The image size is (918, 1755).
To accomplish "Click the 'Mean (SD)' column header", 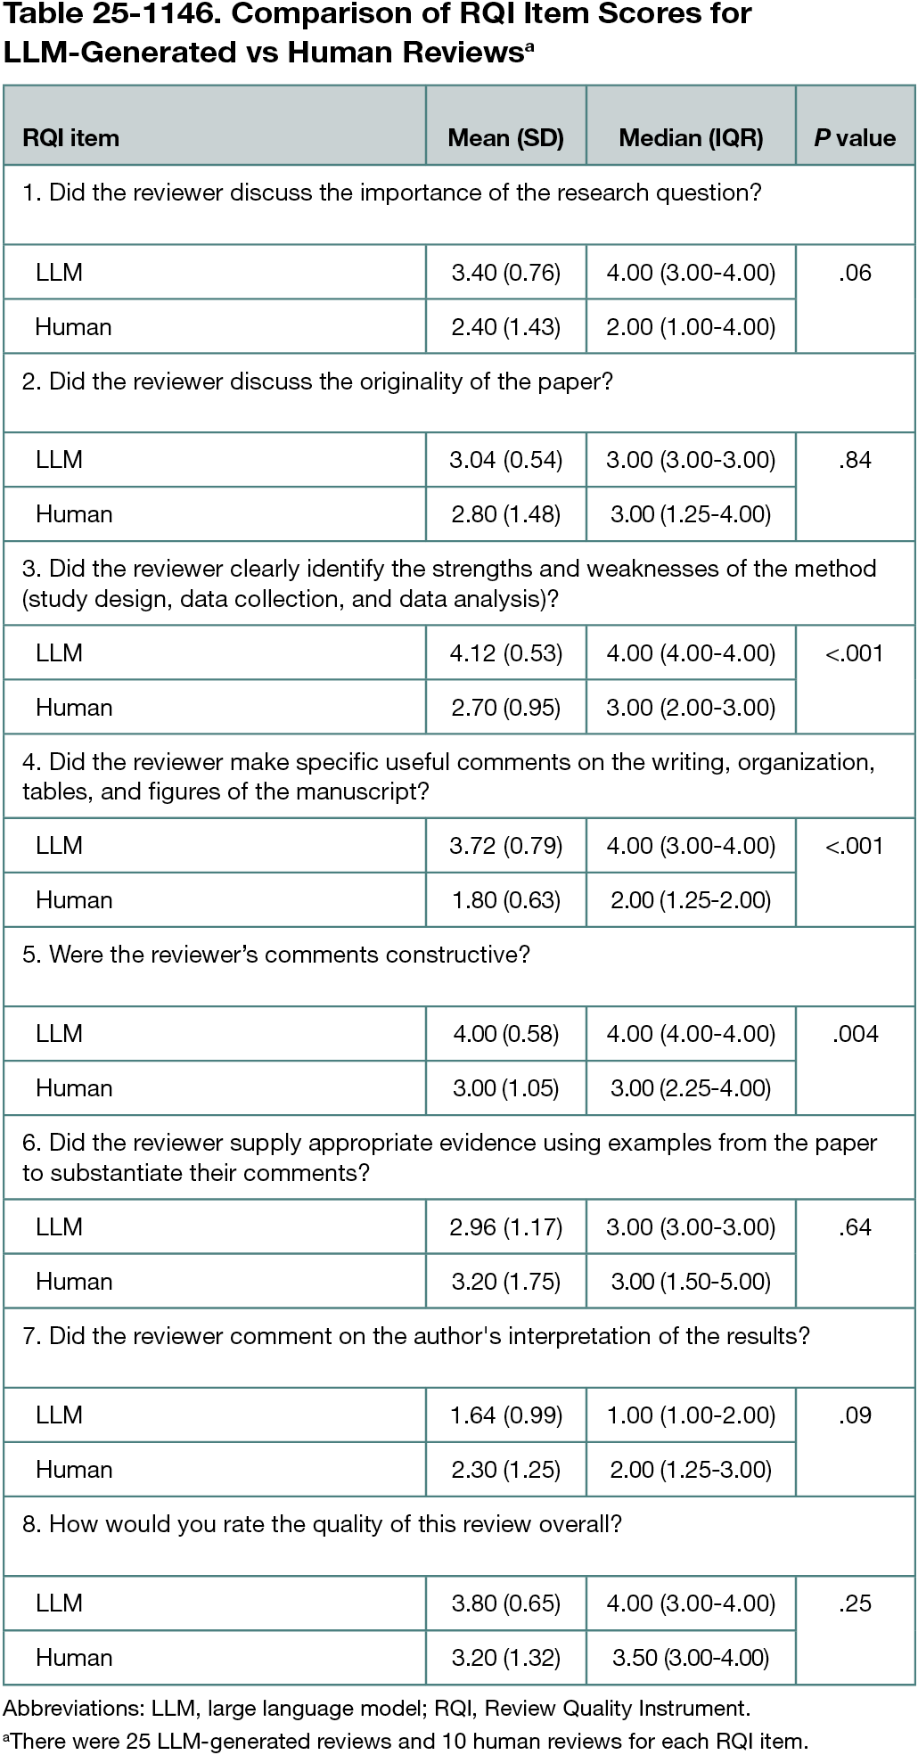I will point(505,138).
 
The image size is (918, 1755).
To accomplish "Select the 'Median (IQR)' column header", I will point(691,138).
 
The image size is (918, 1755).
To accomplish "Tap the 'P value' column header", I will point(855,138).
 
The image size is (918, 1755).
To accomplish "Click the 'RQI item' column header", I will point(70,138).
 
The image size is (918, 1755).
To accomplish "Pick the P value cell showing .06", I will point(855,273).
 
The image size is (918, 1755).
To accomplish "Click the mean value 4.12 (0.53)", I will point(505,653).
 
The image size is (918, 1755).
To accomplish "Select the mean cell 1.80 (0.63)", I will point(505,900).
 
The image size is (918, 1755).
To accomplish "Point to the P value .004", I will point(855,1034).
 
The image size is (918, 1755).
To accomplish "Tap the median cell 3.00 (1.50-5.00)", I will point(691,1282).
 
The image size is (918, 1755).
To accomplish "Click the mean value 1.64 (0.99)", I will point(505,1415).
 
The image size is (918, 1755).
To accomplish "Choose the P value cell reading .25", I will point(855,1603).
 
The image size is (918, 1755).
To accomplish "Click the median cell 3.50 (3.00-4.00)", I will point(691,1658).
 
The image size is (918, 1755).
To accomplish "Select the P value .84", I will point(855,460).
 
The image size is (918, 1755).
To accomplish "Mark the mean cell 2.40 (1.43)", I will point(505,327).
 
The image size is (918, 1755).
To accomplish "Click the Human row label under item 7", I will point(74,1470).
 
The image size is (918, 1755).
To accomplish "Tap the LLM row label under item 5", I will point(59,1034).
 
